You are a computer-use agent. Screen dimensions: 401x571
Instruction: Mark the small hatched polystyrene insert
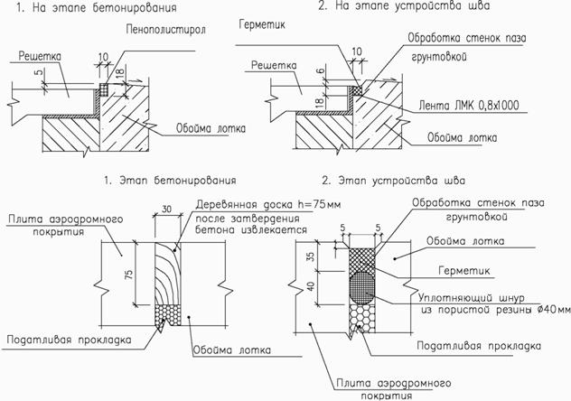click(105, 90)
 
